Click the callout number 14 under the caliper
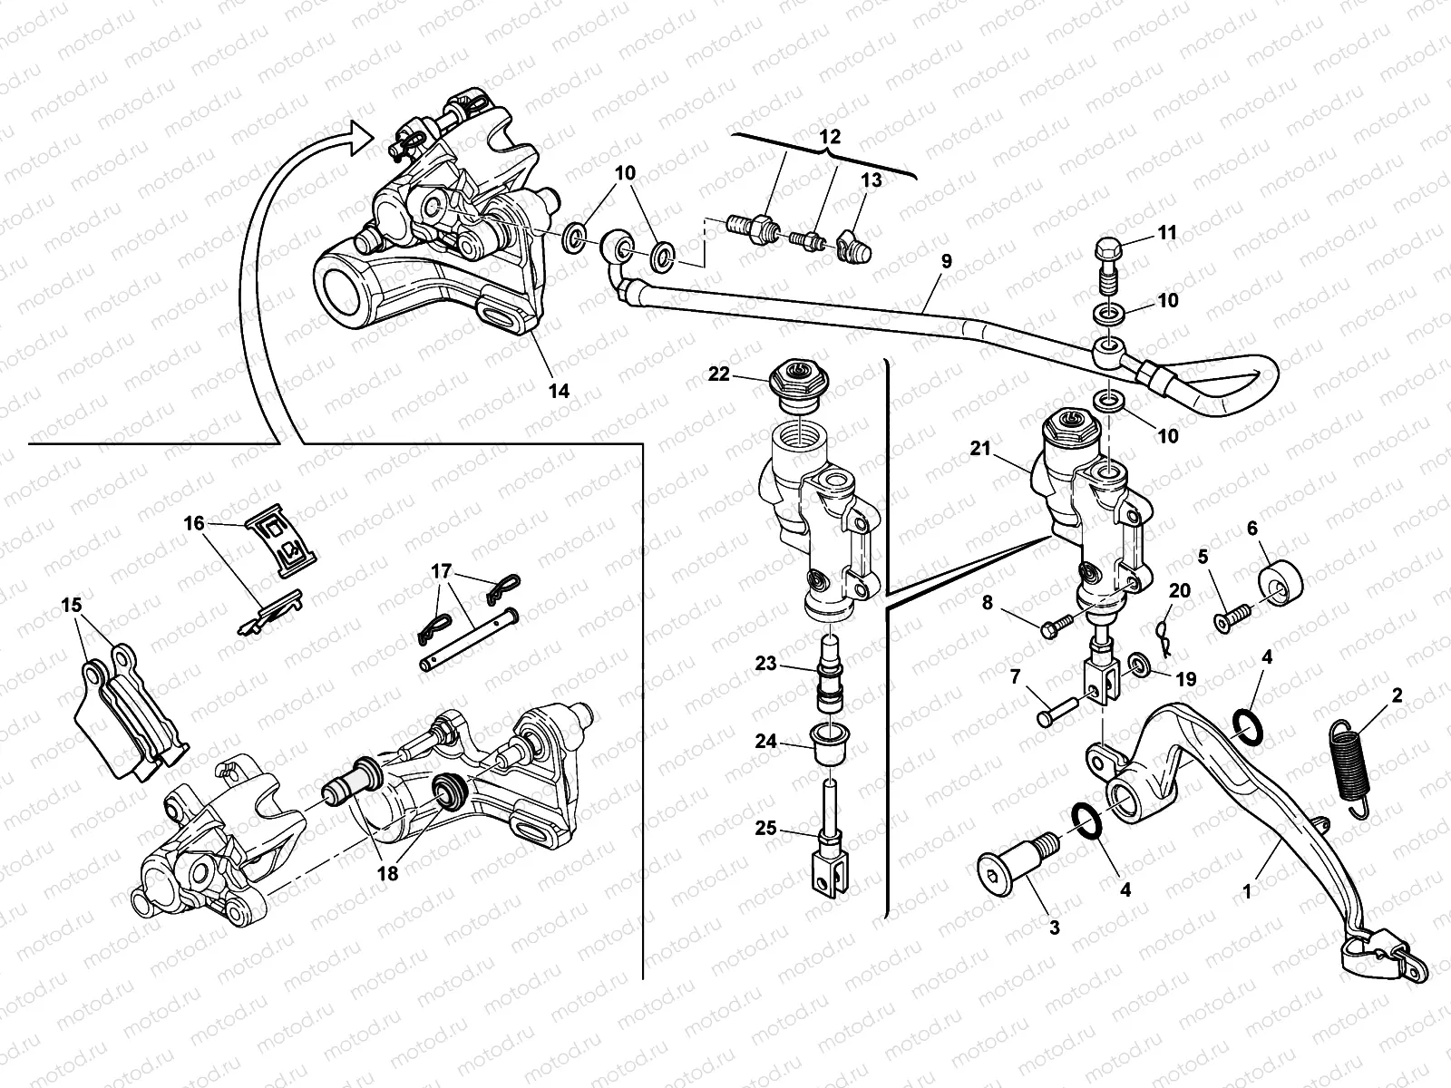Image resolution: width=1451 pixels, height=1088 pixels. (x=559, y=391)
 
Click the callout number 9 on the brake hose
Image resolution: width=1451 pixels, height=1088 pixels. (x=946, y=261)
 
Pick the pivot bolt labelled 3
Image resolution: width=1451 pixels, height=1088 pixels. (x=1010, y=865)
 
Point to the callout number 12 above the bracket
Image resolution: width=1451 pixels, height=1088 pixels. (x=831, y=138)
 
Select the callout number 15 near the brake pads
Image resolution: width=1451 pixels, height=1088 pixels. (x=72, y=604)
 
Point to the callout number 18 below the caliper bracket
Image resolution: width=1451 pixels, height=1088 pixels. (x=389, y=874)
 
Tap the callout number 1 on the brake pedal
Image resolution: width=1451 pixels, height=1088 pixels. (x=1248, y=891)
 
